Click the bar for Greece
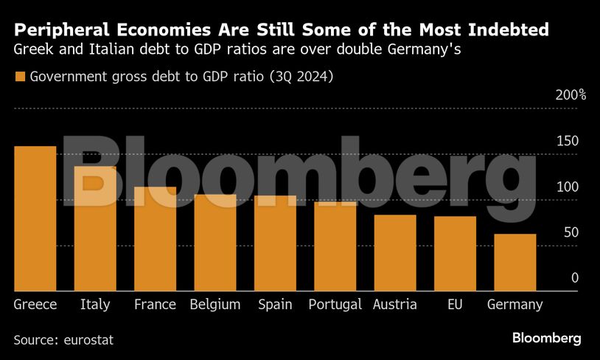click(x=35, y=218)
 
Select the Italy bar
click(x=95, y=229)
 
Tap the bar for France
click(x=155, y=238)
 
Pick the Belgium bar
click(x=215, y=243)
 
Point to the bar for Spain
click(x=275, y=243)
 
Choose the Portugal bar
click(x=335, y=246)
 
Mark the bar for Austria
click(x=395, y=253)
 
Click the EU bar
click(x=455, y=254)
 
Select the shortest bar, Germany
click(x=515, y=263)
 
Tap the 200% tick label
click(x=571, y=95)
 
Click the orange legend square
click(x=19, y=77)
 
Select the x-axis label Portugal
click(x=335, y=305)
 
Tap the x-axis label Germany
click(x=515, y=305)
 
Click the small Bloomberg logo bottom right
click(x=547, y=338)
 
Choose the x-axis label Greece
click(x=35, y=305)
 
